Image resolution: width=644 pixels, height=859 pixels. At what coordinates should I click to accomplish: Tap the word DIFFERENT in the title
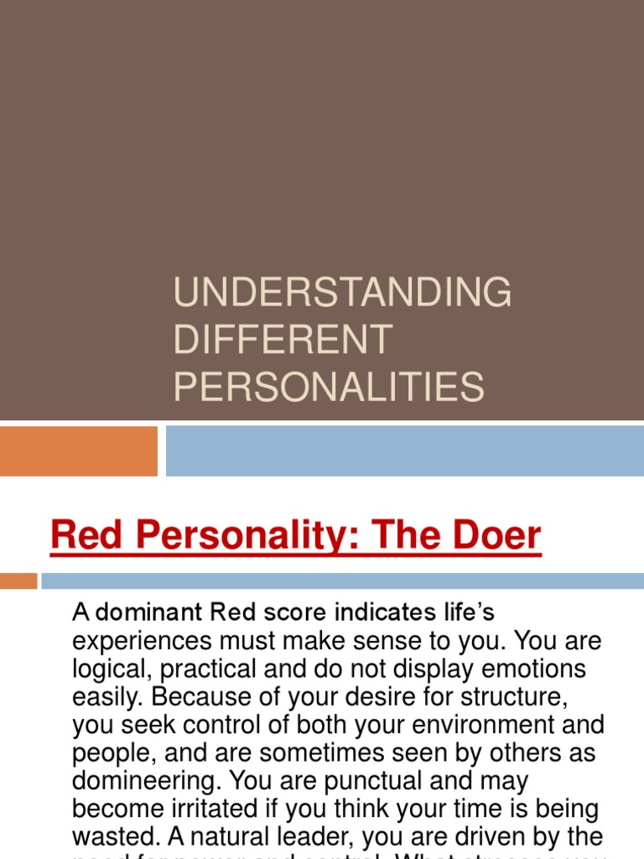pyautogui.click(x=283, y=340)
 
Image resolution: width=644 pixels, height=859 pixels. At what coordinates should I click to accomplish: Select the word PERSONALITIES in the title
pyautogui.click(x=329, y=387)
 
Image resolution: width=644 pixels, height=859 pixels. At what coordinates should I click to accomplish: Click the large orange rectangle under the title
pyautogui.click(x=79, y=451)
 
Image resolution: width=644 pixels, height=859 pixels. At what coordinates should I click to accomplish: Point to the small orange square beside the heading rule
pyautogui.click(x=18, y=580)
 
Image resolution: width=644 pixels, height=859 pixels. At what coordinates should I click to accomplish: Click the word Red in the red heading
pyautogui.click(x=82, y=536)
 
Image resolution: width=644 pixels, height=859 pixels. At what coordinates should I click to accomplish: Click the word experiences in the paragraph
pyautogui.click(x=143, y=642)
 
